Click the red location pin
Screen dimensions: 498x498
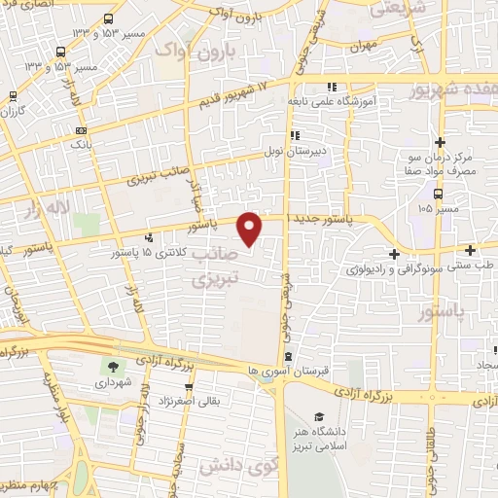250,228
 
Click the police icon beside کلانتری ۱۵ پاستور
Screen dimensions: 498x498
148,236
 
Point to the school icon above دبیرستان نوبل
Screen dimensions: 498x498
293,136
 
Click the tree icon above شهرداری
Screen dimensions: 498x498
114,367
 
